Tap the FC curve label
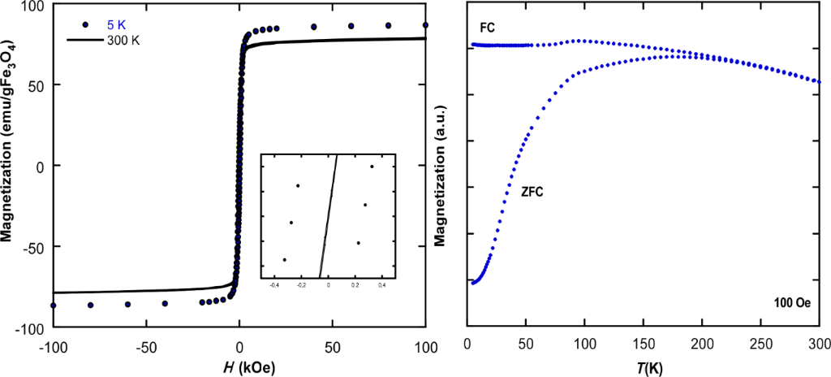tap(487, 28)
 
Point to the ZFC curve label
tap(532, 193)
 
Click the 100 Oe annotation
tap(791, 302)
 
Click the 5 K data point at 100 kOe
tap(425, 25)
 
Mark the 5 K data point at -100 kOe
tap(54, 305)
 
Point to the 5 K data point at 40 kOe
tap(314, 27)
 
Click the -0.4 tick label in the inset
tap(274, 286)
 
